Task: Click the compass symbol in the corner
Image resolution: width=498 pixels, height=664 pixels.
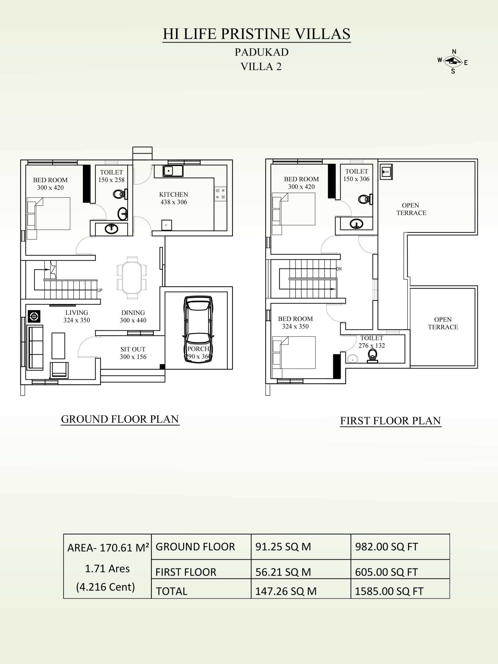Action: pos(453,61)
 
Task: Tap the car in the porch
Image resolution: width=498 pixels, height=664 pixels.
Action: pos(198,330)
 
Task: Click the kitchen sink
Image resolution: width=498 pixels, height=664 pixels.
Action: pos(173,171)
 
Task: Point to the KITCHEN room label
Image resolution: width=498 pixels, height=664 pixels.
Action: pos(174,195)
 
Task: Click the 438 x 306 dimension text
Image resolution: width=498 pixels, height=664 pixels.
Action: pos(174,202)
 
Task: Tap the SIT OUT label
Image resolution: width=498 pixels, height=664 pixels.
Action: pos(133,349)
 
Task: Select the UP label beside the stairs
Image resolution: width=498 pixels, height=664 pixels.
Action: pos(100,290)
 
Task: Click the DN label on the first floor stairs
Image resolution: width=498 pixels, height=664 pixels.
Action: pos(339,269)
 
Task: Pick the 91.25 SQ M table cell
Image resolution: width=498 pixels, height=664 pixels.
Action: pos(283,547)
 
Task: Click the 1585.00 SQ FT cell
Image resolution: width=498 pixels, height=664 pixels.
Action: pos(389,591)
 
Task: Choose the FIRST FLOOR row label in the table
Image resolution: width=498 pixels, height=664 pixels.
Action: pos(186,572)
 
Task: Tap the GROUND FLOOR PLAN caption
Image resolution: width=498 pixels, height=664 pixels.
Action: pos(120,419)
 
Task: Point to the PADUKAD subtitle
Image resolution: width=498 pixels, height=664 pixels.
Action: pos(261,52)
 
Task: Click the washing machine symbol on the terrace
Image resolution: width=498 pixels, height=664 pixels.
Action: pos(386,172)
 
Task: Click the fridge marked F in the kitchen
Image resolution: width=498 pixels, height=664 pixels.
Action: pos(167,225)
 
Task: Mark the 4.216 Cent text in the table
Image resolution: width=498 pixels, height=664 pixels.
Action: pos(105,587)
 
